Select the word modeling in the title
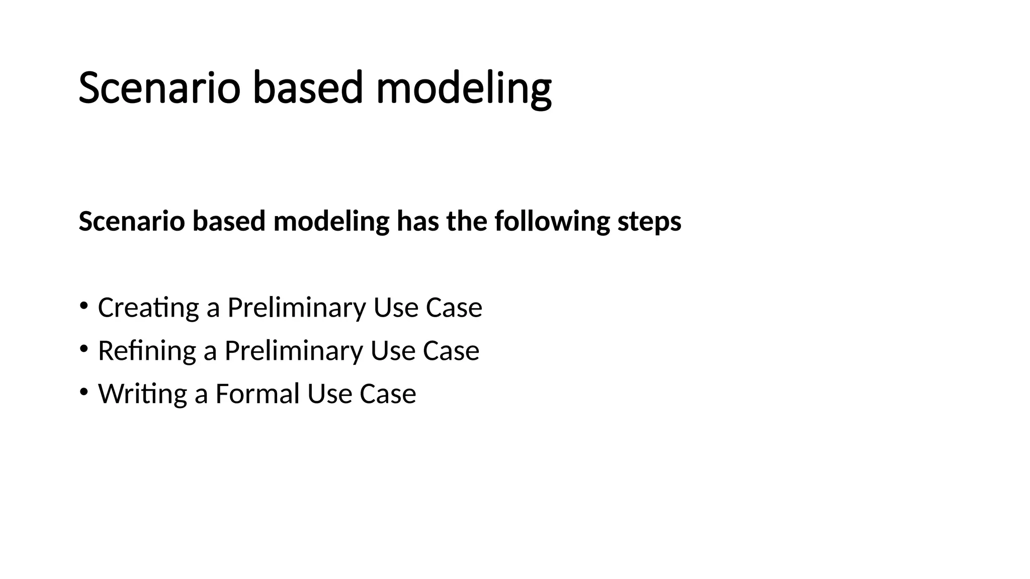463,88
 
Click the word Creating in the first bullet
148,308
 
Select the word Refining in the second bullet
147,351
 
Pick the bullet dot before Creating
83,305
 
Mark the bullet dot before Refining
83,348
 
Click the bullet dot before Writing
83,391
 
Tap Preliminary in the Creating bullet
296,308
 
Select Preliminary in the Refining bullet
293,351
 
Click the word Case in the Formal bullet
388,394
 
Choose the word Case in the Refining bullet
451,351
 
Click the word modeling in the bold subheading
331,222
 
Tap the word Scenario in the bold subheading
132,222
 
